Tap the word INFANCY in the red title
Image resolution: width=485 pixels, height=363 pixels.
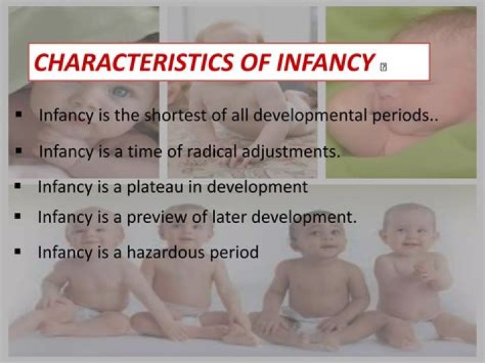coord(321,63)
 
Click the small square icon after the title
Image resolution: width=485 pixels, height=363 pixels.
coord(383,66)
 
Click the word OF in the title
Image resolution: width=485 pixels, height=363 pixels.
coord(247,63)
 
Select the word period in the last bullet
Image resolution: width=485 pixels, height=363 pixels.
coord(236,253)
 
